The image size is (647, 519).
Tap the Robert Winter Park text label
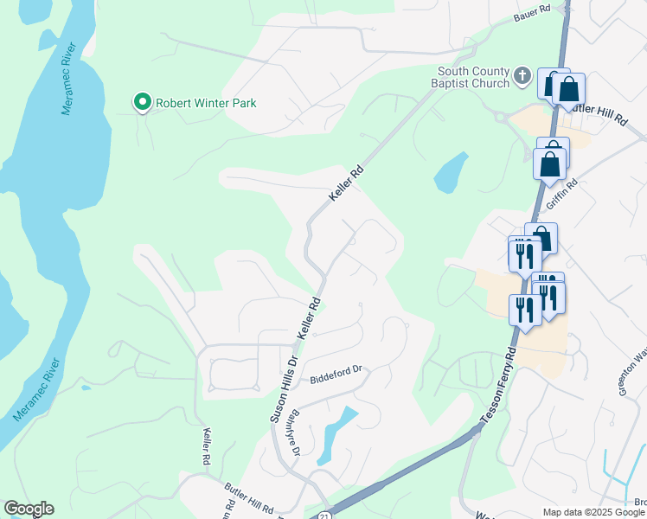coord(206,103)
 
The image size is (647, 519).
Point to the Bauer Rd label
coord(532,13)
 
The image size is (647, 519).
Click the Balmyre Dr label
coord(293,432)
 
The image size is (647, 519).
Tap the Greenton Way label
coord(632,373)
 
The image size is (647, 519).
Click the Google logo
coord(29,509)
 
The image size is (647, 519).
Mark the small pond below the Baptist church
coord(451,173)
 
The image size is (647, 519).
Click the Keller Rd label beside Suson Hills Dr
coord(309,318)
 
